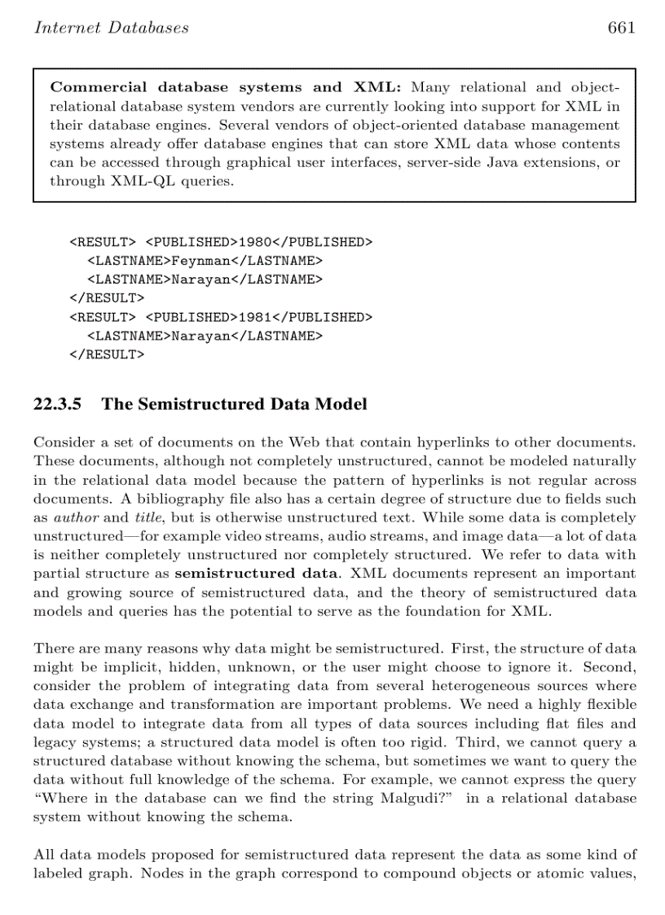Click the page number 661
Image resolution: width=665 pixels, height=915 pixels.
[621, 28]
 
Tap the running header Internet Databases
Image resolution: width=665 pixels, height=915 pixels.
[111, 28]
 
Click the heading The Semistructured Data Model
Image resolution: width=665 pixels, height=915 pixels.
[234, 404]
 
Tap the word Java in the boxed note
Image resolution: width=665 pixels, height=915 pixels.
[504, 162]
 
